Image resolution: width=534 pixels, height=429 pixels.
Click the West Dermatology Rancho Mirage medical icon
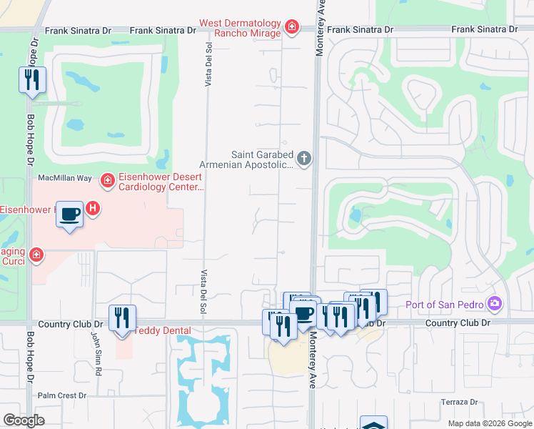pos(291,28)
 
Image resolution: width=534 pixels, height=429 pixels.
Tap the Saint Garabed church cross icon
pos(304,158)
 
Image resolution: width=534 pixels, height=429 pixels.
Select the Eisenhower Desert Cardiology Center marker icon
pos(107,181)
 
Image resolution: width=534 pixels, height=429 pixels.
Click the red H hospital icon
pos(92,209)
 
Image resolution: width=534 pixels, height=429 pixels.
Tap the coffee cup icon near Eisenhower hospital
pos(69,214)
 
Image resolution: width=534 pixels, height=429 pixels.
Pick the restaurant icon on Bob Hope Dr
pos(31,80)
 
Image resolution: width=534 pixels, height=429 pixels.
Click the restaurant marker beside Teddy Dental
pos(122,318)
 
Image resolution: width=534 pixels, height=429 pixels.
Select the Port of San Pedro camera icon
pos(494,305)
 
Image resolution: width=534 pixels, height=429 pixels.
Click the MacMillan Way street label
pos(65,177)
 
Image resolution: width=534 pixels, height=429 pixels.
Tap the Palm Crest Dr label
pos(62,395)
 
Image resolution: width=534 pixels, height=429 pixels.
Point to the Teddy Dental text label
pos(164,330)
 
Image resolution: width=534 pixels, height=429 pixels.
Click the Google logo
pos(24,420)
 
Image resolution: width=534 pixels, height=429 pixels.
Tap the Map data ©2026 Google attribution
pos(489,423)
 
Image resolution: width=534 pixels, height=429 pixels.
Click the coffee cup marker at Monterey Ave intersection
pos(303,314)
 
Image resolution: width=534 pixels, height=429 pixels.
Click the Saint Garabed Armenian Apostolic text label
pos(261,159)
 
